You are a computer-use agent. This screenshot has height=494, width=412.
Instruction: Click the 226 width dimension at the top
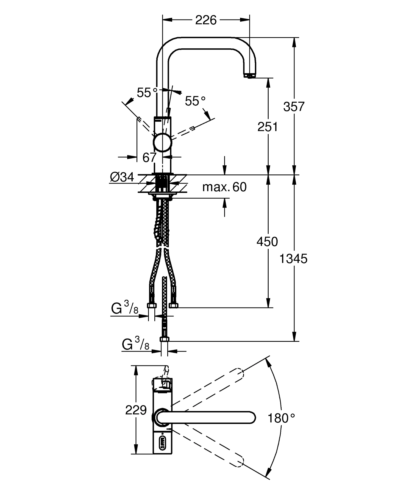pos(206,20)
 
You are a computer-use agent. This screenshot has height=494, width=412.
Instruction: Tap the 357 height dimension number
pos(294,107)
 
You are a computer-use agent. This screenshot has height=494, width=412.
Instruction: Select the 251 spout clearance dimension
pos(268,127)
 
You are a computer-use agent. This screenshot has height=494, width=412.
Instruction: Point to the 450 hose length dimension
pos(267,242)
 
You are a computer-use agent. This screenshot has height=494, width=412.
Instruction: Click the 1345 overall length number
pos(294,259)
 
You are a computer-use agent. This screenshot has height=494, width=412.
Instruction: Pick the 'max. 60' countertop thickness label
pos(224,187)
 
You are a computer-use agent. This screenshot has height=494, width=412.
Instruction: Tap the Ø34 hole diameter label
pos(122,177)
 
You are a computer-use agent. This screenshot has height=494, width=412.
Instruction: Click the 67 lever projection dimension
pos(150,157)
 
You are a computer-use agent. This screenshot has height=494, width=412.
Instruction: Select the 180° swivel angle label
pos(281,418)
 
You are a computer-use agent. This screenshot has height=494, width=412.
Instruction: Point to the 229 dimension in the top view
pos(136,410)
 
